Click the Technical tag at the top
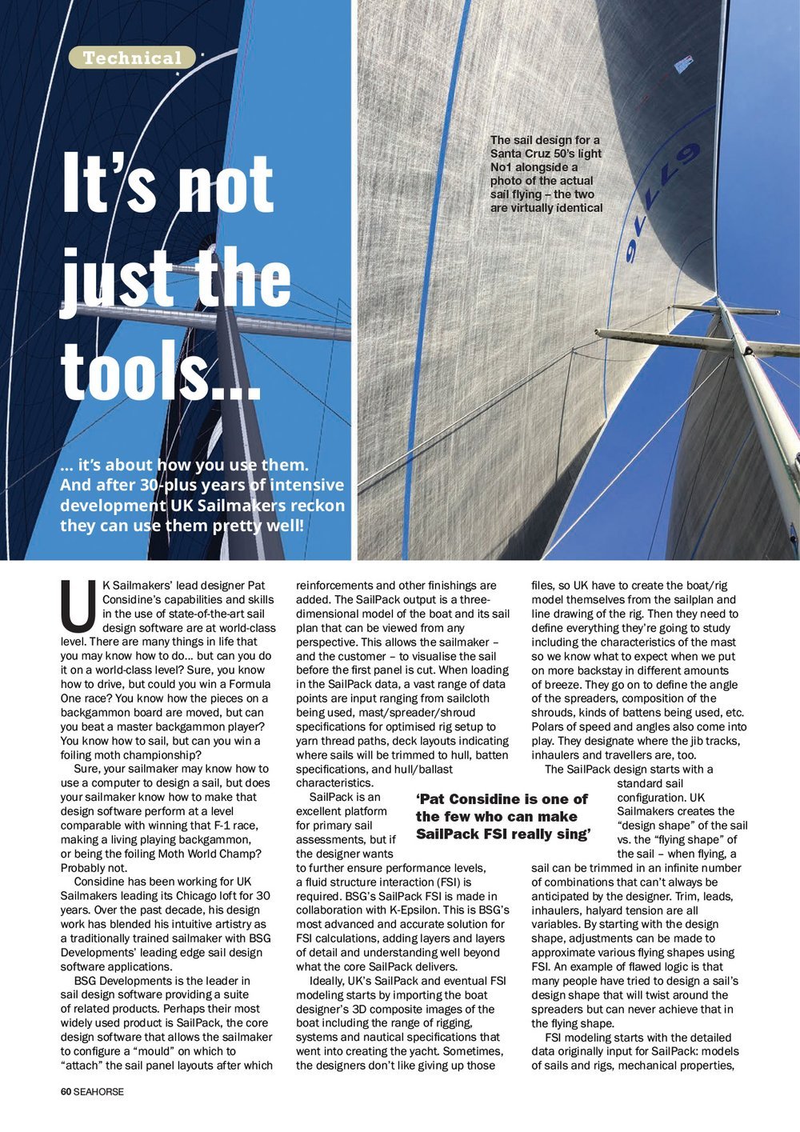pos(132,58)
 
